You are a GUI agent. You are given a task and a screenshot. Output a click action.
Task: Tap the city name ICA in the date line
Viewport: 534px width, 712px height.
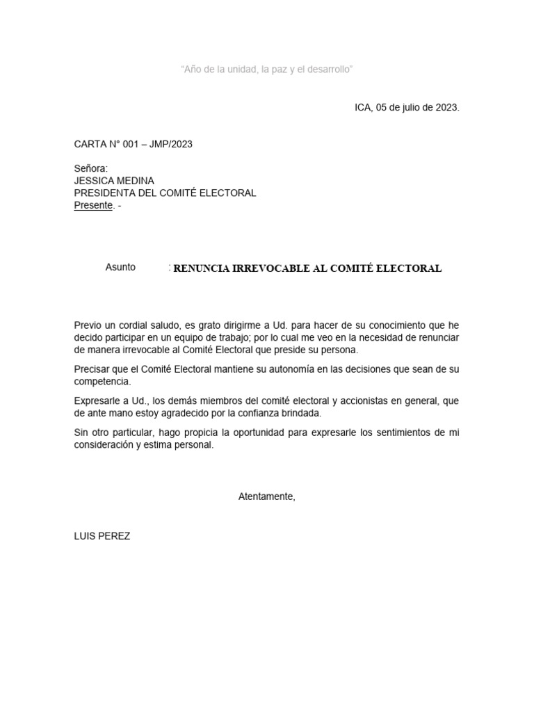pyautogui.click(x=363, y=108)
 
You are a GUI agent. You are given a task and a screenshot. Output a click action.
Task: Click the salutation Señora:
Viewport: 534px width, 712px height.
pyautogui.click(x=91, y=169)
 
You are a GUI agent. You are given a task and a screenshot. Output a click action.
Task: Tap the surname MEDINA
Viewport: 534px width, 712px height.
pyautogui.click(x=137, y=181)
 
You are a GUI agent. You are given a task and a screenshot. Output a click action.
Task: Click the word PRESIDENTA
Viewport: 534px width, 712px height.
pyautogui.click(x=108, y=193)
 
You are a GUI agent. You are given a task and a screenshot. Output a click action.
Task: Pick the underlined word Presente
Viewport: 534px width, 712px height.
pyautogui.click(x=93, y=205)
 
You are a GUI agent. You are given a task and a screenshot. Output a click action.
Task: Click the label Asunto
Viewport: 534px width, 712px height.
pyautogui.click(x=120, y=267)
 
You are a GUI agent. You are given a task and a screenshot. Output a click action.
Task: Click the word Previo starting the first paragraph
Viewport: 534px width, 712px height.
pyautogui.click(x=88, y=325)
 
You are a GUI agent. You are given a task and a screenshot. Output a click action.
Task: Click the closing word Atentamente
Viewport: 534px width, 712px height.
pyautogui.click(x=266, y=496)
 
